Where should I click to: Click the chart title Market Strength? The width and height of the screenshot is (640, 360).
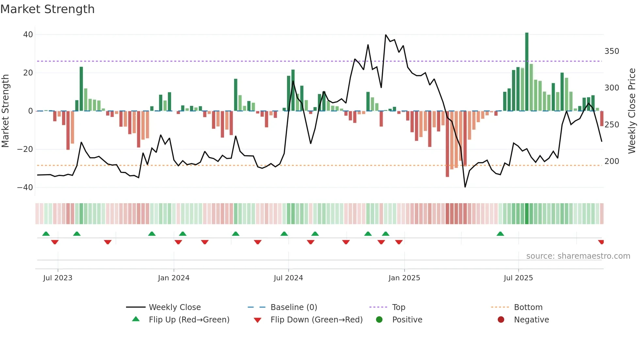47,9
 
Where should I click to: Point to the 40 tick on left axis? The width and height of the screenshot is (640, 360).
28,35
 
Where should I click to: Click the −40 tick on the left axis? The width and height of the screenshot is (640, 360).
25,188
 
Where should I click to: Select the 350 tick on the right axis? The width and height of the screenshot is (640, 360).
612,51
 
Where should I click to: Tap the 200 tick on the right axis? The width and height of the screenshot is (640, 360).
612,161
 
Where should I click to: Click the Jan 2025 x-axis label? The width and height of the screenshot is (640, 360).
404,278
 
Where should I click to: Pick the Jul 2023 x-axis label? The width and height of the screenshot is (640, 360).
58,278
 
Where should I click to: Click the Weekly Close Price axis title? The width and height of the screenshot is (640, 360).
632,111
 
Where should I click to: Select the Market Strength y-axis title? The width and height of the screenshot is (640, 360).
6,111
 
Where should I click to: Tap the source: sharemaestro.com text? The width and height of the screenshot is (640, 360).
578,256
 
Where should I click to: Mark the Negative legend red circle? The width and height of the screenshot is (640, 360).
501,320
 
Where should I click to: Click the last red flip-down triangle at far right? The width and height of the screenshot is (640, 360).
601,242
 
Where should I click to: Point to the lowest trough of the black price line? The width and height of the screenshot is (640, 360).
465,187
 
